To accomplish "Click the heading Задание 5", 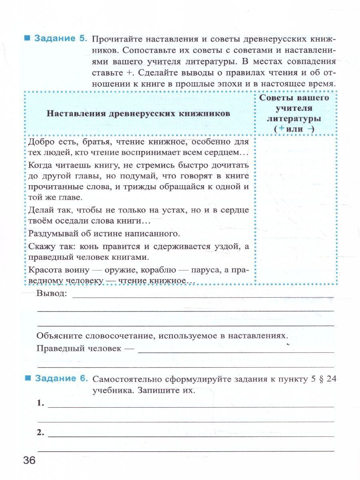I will (x=60, y=39).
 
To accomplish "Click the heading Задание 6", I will (x=60, y=378).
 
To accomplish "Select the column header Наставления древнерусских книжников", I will (x=138, y=113).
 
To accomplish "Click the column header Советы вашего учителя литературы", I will (x=294, y=113).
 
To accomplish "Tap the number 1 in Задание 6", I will (x=40, y=403).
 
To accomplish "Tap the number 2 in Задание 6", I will (x=40, y=432).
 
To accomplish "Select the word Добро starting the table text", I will (x=40, y=142).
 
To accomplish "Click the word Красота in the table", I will (x=44, y=270).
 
